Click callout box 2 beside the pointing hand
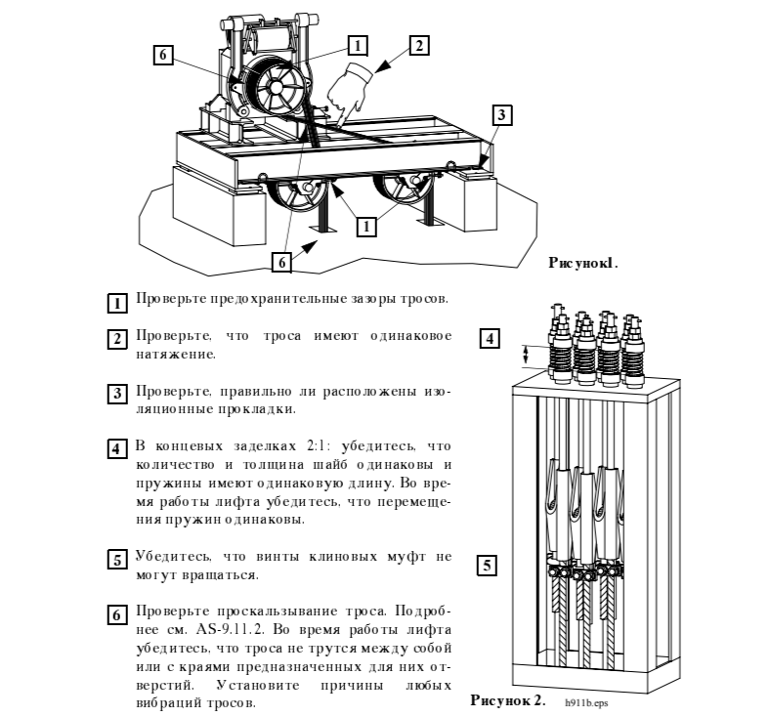tap(419, 46)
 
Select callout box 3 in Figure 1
tap(501, 115)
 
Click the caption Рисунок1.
tap(583, 263)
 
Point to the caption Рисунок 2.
tap(508, 699)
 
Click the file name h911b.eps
tap(586, 702)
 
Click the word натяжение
tap(176, 355)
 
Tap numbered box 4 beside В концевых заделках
tap(117, 448)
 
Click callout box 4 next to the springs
tap(490, 339)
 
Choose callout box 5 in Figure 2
tap(487, 566)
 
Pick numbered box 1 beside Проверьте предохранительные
tap(117, 303)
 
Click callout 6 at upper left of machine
tap(163, 54)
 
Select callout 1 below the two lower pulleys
tap(365, 227)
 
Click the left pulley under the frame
tap(297, 194)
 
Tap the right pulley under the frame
tap(405, 190)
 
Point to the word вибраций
tap(168, 702)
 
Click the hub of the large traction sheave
tap(277, 88)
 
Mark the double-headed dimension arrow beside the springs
tap(525, 355)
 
